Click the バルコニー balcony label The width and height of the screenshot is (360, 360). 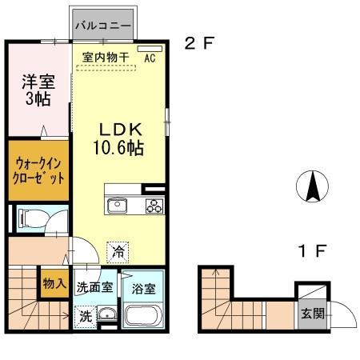[x=103, y=26]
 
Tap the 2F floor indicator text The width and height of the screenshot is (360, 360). [x=199, y=44]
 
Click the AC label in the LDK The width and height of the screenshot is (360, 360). [x=150, y=58]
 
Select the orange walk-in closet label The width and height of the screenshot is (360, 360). [x=38, y=170]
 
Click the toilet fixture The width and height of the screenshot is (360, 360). [x=33, y=218]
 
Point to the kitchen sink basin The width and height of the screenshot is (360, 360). [x=116, y=206]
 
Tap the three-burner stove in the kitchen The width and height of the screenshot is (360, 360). [x=153, y=206]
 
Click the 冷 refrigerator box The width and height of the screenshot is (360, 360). [x=118, y=250]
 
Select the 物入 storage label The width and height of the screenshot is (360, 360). [x=54, y=284]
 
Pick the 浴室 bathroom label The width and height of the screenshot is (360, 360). [x=144, y=286]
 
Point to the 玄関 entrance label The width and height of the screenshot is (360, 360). [x=311, y=313]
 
